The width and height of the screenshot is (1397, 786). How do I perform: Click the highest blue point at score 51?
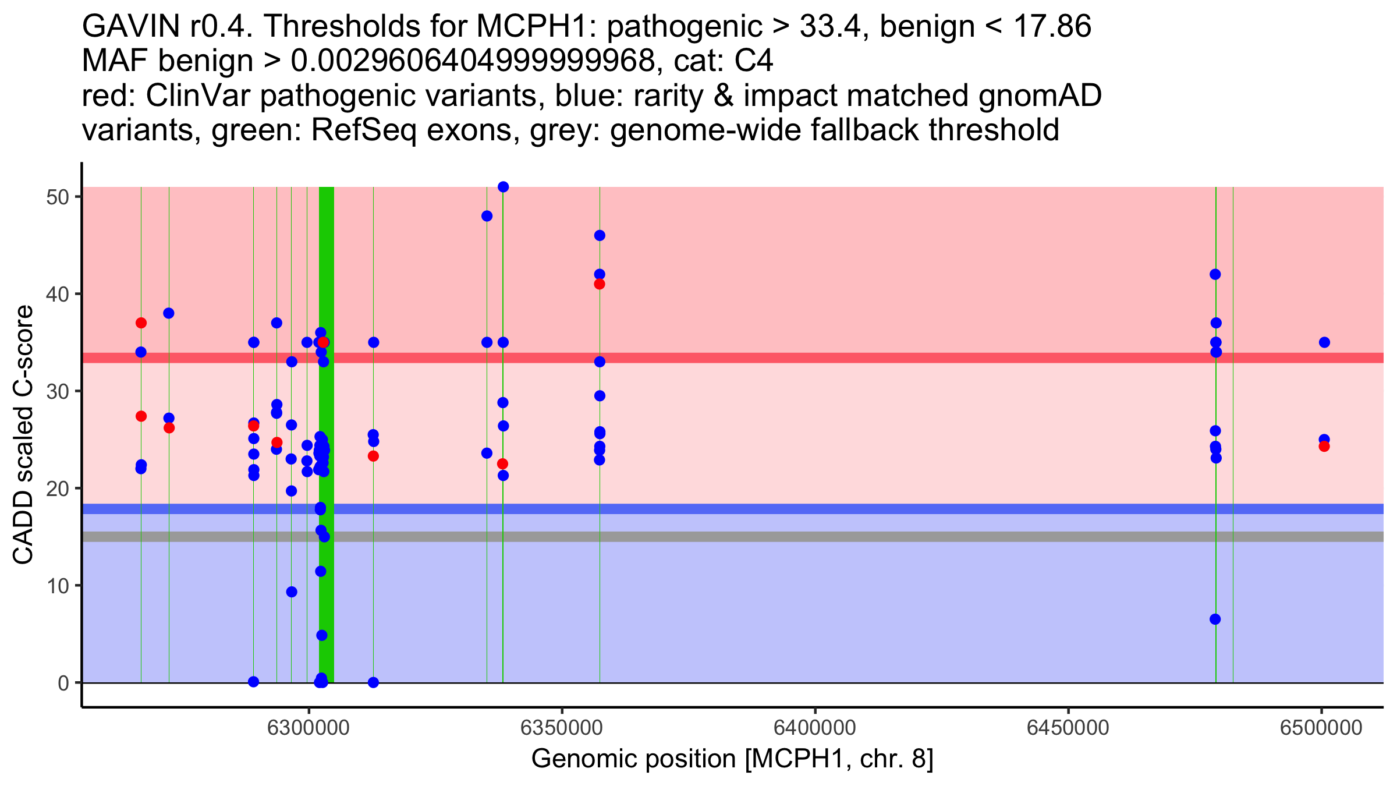pos(504,187)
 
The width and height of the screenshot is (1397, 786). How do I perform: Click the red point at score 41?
pos(600,284)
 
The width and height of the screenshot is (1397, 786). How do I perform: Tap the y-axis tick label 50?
pos(57,197)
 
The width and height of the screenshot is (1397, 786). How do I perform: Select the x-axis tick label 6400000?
pos(814,728)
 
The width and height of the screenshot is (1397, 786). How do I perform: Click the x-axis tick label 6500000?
pos(1321,728)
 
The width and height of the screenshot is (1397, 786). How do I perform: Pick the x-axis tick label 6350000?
pos(562,728)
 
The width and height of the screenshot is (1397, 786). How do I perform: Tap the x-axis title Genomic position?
pos(732,759)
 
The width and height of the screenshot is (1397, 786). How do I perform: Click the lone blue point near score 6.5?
pos(1215,619)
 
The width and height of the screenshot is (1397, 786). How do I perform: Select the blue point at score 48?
pos(487,216)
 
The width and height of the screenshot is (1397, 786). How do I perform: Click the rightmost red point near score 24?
pos(1324,447)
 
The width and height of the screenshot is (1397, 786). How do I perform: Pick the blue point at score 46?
pos(600,236)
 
